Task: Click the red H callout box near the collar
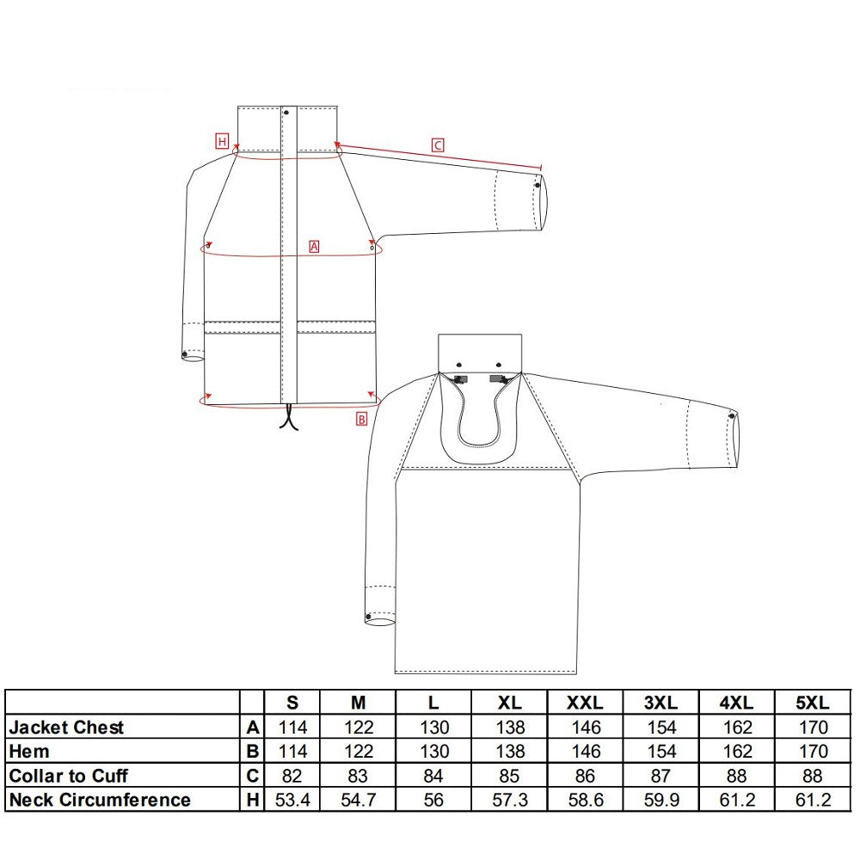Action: click(x=222, y=142)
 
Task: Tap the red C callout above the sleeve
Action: click(x=437, y=145)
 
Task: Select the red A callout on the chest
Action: click(x=314, y=246)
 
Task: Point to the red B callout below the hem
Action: click(x=361, y=419)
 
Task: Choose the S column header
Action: click(x=292, y=703)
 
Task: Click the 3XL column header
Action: click(x=660, y=703)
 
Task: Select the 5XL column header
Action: click(x=813, y=703)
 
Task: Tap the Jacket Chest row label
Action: click(x=66, y=728)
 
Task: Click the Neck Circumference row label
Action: click(x=100, y=800)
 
